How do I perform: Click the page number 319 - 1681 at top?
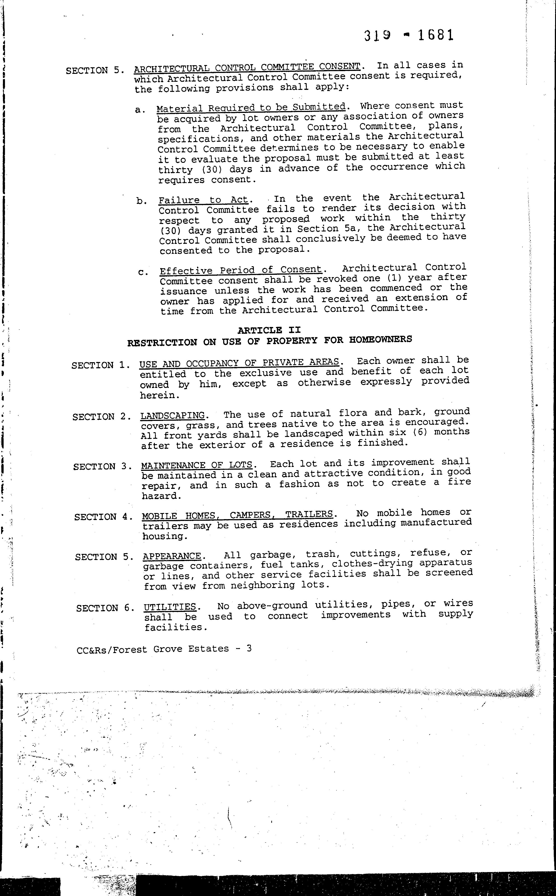click(409, 35)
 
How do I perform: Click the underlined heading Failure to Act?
click(203, 200)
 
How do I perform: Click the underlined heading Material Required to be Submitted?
click(251, 107)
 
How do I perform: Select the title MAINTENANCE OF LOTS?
click(197, 465)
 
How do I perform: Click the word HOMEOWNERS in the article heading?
click(381, 339)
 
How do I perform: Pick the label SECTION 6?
click(103, 608)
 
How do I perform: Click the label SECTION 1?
click(100, 365)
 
